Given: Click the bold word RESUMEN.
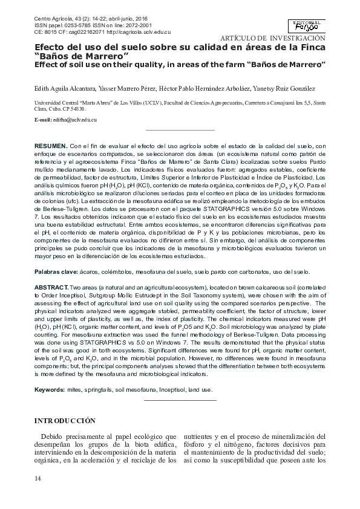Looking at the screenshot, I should click(50, 146).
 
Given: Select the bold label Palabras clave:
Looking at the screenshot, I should click(54, 272).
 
